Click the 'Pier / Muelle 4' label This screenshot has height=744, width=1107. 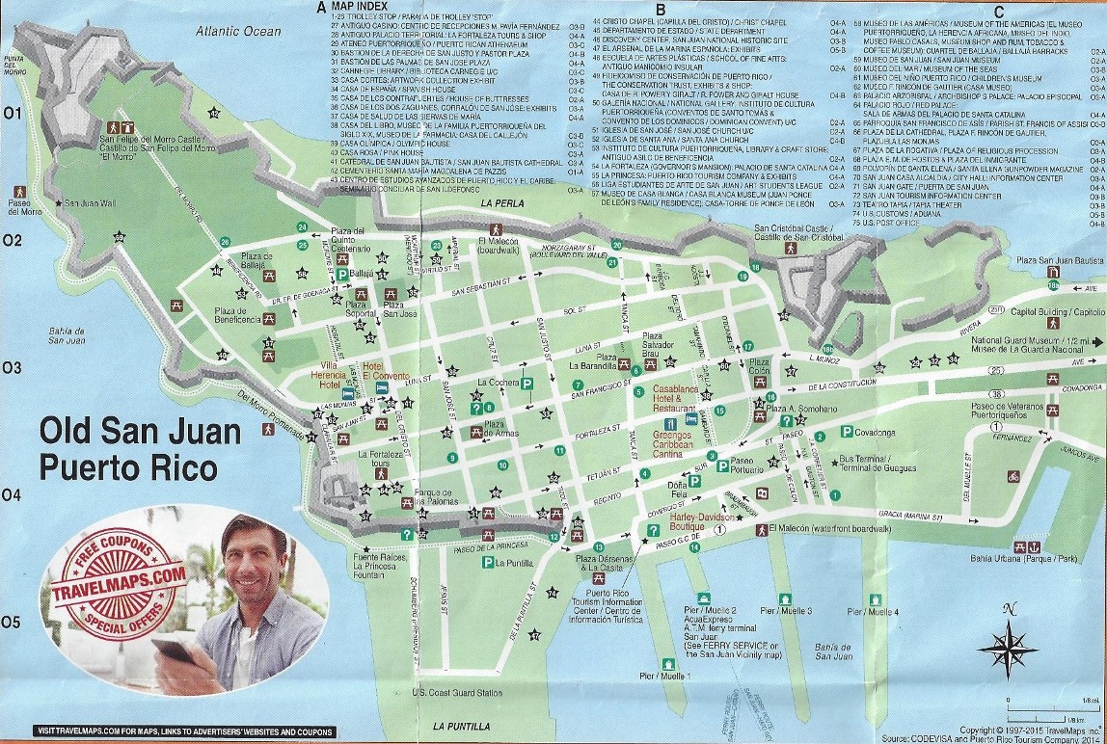[x=872, y=611]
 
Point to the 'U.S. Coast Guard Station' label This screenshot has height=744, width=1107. [x=457, y=693]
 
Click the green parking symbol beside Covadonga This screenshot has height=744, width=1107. [x=847, y=432]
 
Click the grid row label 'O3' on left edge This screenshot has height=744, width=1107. [x=13, y=367]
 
